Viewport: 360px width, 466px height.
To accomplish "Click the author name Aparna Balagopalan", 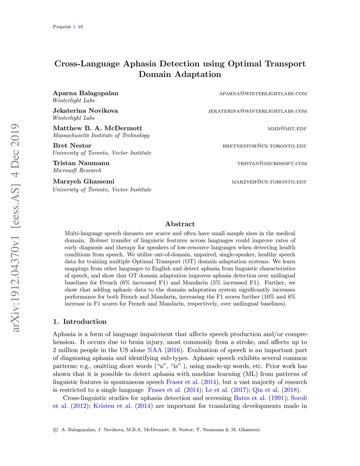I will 85,93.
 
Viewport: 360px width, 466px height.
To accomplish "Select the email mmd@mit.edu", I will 287,129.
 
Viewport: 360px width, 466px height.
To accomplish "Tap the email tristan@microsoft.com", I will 272,164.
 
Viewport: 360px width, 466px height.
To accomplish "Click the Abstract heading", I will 180,224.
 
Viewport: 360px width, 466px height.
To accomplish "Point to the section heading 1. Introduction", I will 80,321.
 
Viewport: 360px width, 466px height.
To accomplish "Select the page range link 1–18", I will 78,27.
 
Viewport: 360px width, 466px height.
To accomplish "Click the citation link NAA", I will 155,350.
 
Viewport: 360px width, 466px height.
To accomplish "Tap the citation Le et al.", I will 217,390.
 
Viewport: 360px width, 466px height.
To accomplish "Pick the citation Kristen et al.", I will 112,406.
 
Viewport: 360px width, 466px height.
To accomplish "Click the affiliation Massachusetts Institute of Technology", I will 101,135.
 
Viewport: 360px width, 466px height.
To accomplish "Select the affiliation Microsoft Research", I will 77,170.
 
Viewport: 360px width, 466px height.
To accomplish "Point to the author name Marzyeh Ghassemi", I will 84,181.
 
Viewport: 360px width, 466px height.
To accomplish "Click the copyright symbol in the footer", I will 55,430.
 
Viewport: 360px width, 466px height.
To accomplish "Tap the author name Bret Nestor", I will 72,146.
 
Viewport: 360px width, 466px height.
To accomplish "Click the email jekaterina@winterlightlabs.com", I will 257,111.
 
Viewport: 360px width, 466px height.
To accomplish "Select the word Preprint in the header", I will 62,27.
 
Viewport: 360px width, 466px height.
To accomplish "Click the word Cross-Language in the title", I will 87,64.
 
